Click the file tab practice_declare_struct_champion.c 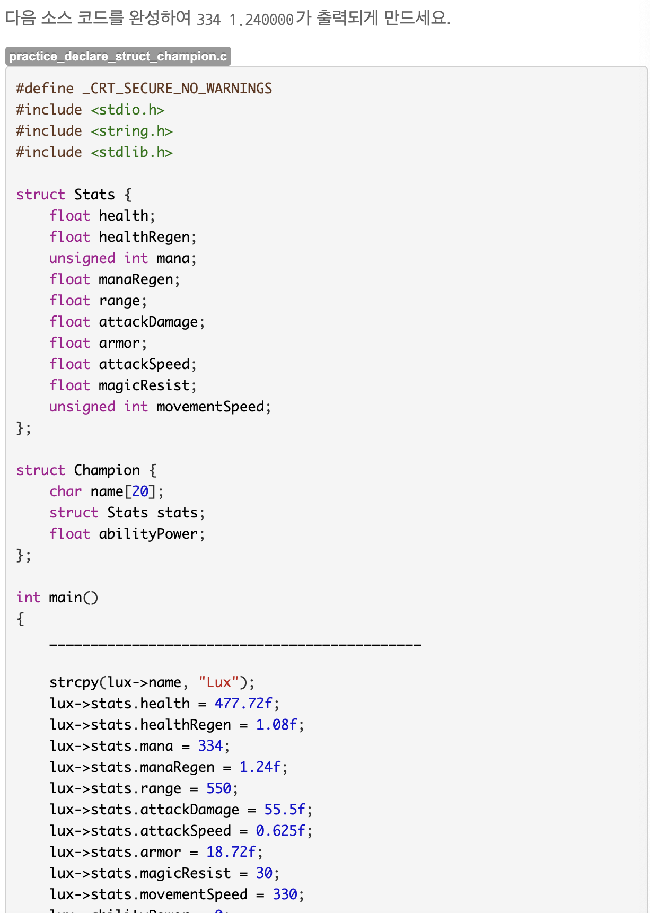pos(118,56)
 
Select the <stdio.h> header pos(127,110)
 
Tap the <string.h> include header pos(131,131)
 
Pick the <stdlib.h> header pos(131,152)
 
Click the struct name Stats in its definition pos(94,195)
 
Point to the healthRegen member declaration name pos(144,237)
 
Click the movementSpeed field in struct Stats pos(210,407)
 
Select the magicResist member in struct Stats pos(144,385)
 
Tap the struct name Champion pos(107,470)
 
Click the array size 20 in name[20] pos(140,491)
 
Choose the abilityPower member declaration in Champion pos(148,534)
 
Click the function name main pos(65,598)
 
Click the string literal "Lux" pos(218,682)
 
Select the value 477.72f pos(243,704)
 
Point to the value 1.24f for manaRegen pos(260,767)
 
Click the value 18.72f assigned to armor pos(231,852)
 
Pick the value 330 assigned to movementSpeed pos(285,894)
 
